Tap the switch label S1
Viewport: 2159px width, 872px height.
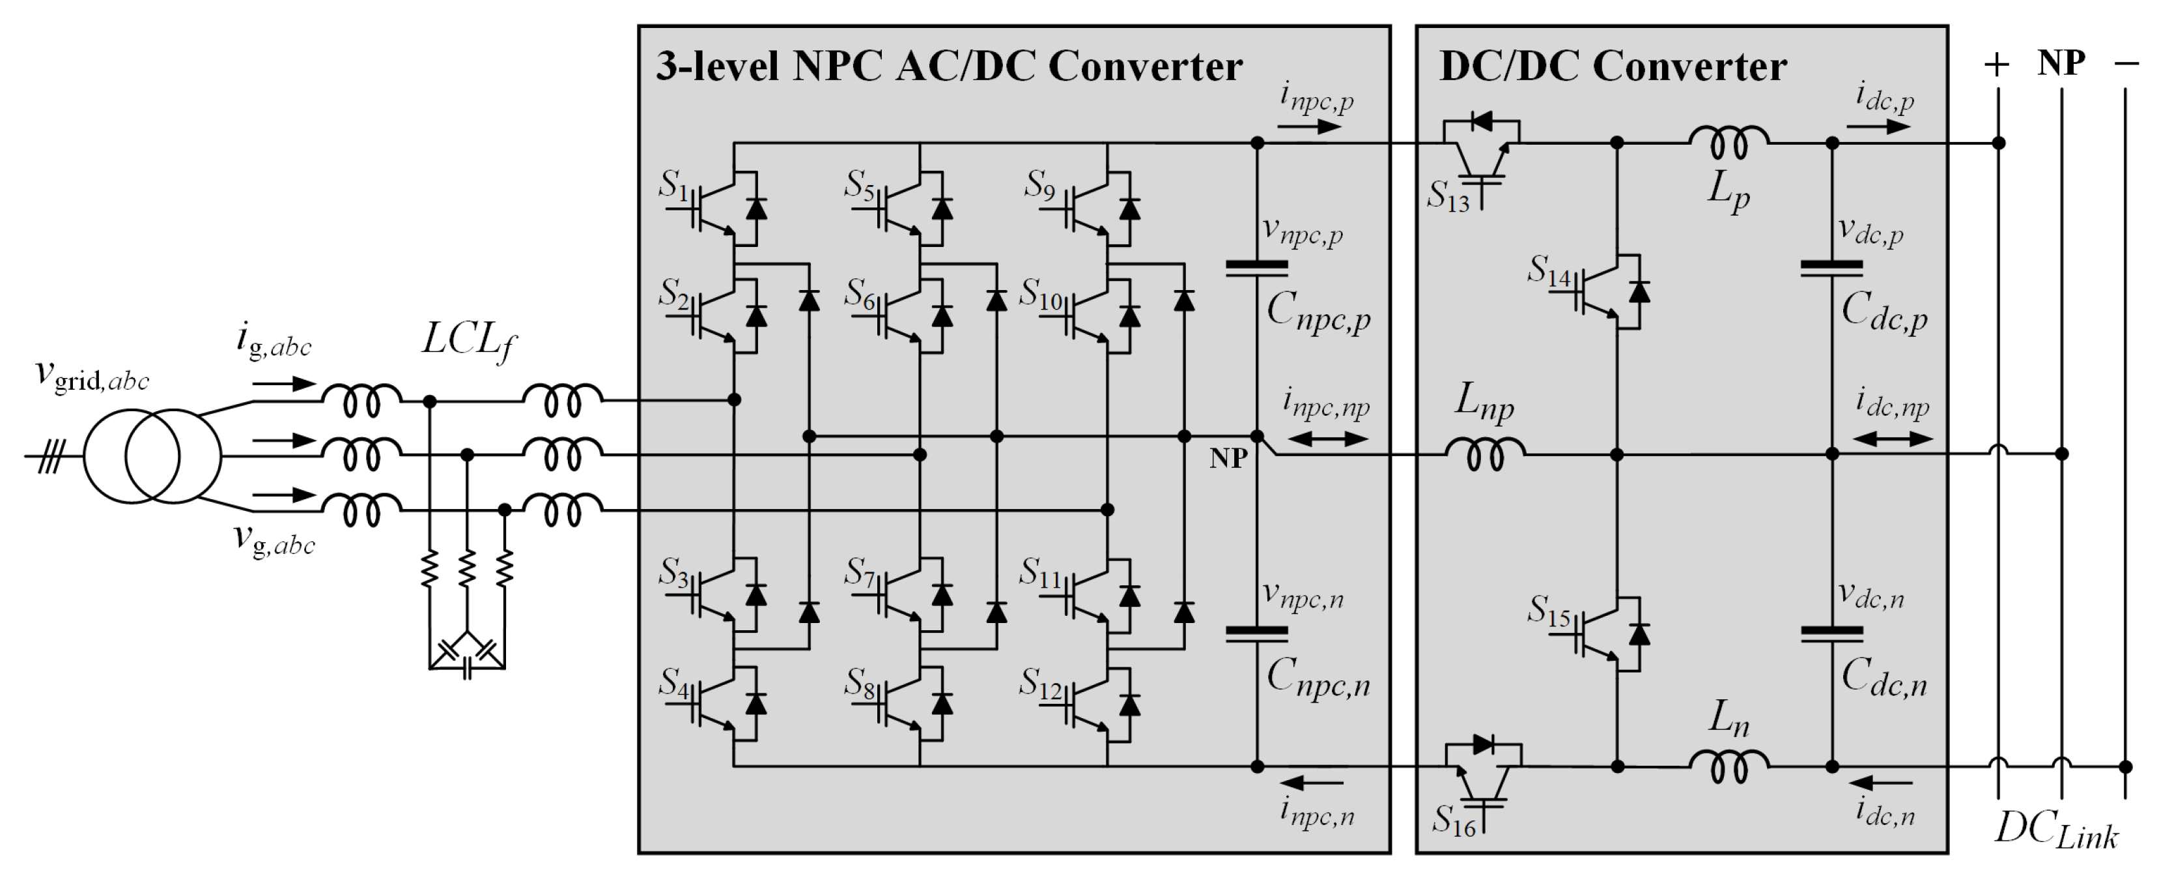673,184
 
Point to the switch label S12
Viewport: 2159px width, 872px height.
1040,684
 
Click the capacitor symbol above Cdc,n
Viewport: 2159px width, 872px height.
1831,634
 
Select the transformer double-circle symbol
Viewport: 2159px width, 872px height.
152,456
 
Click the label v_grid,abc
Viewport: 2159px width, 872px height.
92,375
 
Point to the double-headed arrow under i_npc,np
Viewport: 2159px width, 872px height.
1327,439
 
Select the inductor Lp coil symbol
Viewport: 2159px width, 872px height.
1729,143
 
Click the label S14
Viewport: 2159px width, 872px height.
1548,272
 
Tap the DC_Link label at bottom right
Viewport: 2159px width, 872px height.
2056,830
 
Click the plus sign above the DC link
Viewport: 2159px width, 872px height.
1997,65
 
